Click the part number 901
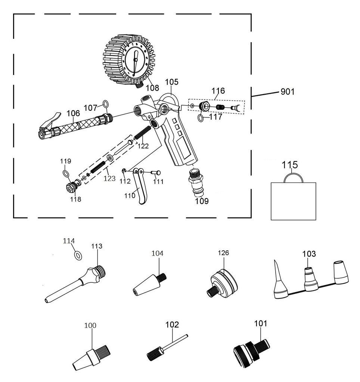tap(288, 92)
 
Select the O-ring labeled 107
tap(106, 104)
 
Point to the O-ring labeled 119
tap(66, 173)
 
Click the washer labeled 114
tap(78, 255)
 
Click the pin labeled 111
tap(156, 173)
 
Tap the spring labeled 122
tap(143, 133)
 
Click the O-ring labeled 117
tap(201, 118)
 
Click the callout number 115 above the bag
tap(290, 165)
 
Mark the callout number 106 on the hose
tap(73, 113)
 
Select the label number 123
tap(109, 179)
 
